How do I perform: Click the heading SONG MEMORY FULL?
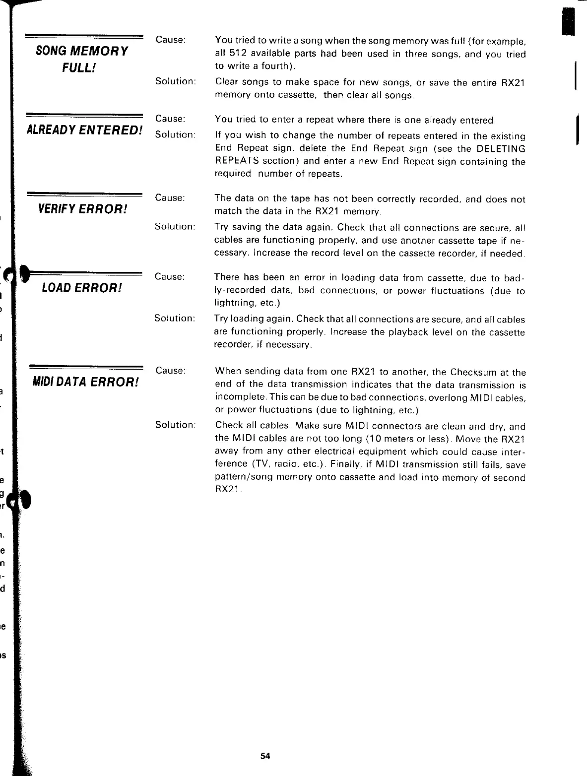[x=82, y=59]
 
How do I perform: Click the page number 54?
[x=265, y=756]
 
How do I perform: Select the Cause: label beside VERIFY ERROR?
[x=170, y=197]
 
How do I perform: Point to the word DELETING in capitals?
[x=501, y=149]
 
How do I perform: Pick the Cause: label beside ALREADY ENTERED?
[x=170, y=119]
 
